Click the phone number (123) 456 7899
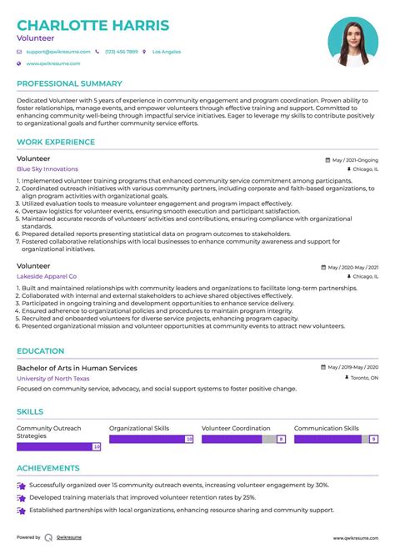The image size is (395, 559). click(x=121, y=52)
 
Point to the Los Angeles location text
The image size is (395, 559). click(x=166, y=52)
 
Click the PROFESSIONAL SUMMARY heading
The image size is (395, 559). click(x=70, y=84)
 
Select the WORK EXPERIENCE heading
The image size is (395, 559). click(x=56, y=142)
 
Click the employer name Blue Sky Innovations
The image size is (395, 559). click(x=47, y=169)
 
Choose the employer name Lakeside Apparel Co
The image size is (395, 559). click(x=47, y=276)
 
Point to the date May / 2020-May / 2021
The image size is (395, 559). click(x=353, y=268)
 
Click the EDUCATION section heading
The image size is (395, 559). click(x=40, y=351)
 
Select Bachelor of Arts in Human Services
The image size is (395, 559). click(x=77, y=368)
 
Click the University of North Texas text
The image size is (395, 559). click(x=53, y=378)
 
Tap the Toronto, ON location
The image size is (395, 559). click(x=363, y=378)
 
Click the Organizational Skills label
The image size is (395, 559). click(x=139, y=428)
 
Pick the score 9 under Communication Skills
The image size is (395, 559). click(x=374, y=439)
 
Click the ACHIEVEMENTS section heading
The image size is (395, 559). click(x=48, y=468)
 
